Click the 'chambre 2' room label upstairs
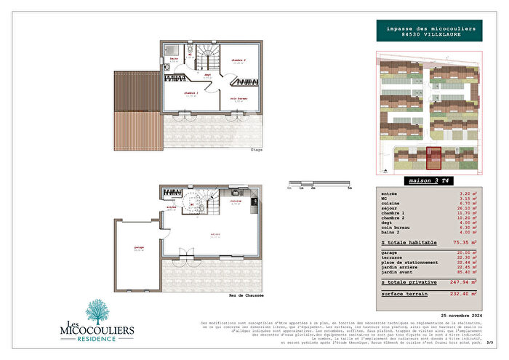[x=239, y=60]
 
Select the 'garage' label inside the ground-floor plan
[x=138, y=248]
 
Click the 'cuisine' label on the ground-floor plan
[x=236, y=201]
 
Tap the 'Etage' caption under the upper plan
[x=257, y=150]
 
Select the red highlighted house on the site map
[x=433, y=158]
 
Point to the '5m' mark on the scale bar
[x=350, y=188]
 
